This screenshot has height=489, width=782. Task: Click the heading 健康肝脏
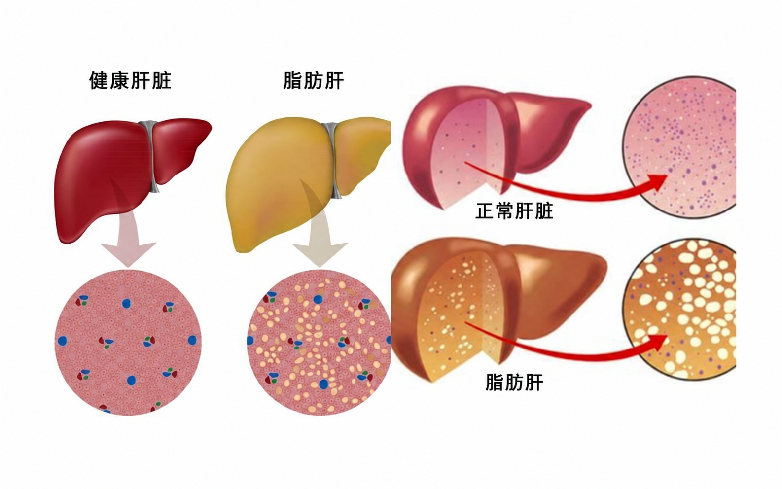(x=130, y=81)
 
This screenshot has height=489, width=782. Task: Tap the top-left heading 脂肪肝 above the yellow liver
(x=313, y=81)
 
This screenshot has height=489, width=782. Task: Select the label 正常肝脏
(x=514, y=211)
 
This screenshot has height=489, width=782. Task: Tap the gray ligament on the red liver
(x=151, y=155)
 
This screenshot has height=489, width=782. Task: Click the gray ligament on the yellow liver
(x=333, y=159)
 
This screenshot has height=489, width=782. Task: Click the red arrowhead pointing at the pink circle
(x=656, y=182)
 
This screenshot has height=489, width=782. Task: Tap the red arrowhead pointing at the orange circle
(x=656, y=343)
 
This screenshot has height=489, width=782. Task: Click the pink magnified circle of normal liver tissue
(x=681, y=147)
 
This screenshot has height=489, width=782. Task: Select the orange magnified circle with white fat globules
(x=681, y=309)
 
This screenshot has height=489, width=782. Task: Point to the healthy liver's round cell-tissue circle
(x=128, y=342)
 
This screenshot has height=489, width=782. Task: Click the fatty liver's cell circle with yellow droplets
(x=319, y=342)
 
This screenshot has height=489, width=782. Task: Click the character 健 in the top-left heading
(x=99, y=81)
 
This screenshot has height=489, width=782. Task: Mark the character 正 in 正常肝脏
(x=485, y=211)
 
